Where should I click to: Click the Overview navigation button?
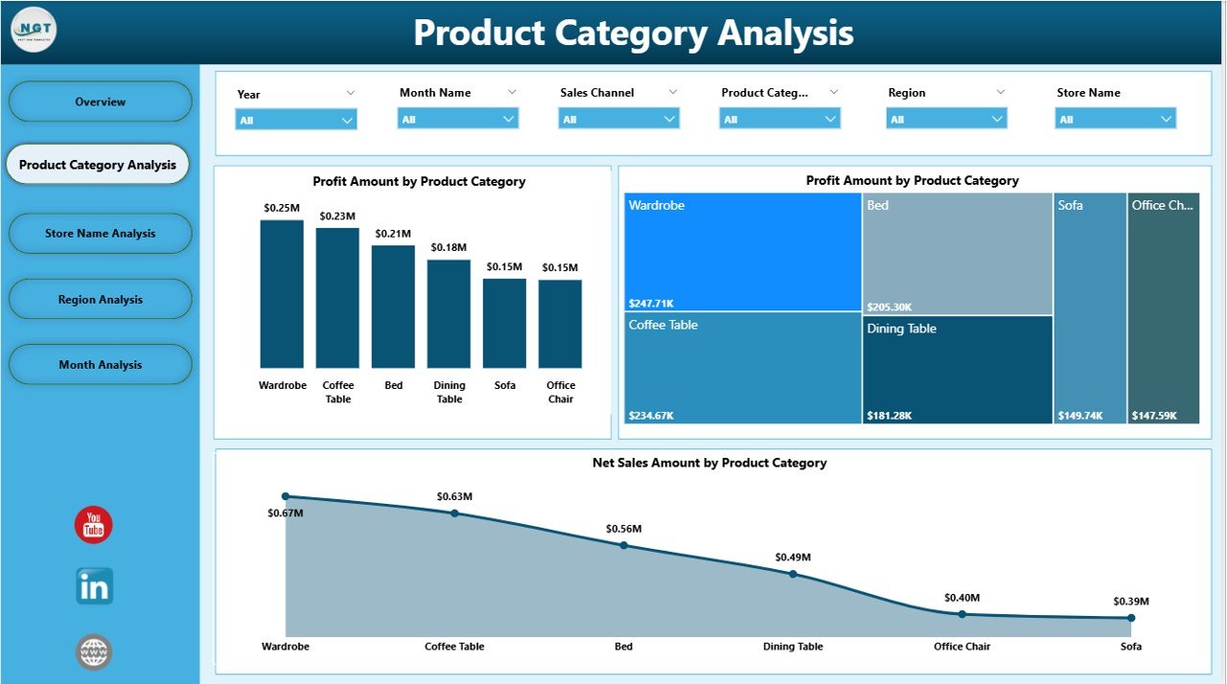pos(100,102)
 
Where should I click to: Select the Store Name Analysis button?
pos(100,234)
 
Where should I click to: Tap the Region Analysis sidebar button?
pos(100,300)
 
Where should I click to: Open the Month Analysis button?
pos(100,365)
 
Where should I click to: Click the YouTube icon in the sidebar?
pos(94,525)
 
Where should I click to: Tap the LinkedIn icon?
pos(94,586)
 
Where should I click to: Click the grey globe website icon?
pos(94,652)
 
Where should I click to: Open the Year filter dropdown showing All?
pos(295,121)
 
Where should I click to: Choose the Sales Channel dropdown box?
pos(618,120)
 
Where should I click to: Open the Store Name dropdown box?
pos(1116,120)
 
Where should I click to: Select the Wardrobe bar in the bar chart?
pos(282,293)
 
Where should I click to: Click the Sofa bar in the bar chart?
pos(504,323)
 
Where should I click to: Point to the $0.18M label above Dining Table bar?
pos(449,248)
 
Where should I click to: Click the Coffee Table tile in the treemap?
pos(742,368)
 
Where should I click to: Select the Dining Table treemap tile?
pos(957,369)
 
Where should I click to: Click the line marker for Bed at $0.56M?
pos(624,545)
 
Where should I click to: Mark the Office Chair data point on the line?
pos(962,614)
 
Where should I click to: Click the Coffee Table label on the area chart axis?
pos(454,647)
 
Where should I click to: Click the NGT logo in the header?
pos(34,30)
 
